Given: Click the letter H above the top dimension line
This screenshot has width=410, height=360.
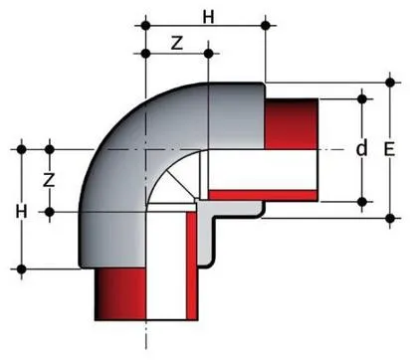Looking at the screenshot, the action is click(208, 17).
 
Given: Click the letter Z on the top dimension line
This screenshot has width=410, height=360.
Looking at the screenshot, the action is click(177, 43).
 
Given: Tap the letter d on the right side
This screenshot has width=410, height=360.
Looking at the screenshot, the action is click(361, 148).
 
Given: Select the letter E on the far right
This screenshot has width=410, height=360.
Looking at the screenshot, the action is click(389, 149).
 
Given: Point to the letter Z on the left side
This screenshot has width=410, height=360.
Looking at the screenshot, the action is click(49, 180).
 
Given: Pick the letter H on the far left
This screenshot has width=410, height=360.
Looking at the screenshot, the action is click(21, 212).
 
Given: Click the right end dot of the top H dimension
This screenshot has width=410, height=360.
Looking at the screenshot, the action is click(266, 25).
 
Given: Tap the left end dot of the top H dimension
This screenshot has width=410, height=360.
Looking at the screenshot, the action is click(145, 25).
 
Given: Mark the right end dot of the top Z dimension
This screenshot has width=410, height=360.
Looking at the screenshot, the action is click(208, 54).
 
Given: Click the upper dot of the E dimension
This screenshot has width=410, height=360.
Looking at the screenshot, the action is click(390, 83).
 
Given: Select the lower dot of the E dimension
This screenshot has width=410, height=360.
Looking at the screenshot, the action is click(390, 219).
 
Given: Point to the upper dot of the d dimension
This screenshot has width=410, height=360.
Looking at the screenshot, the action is click(362, 98).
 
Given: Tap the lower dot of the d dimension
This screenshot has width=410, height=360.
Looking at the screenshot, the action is click(362, 201).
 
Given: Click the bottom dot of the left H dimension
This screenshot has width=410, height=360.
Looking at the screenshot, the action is click(22, 270).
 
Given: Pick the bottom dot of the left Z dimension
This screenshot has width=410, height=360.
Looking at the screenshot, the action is click(50, 212).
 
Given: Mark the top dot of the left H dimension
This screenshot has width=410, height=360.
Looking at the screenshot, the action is click(22, 149).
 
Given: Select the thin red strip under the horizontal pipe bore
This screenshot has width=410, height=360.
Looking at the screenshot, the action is click(264, 195).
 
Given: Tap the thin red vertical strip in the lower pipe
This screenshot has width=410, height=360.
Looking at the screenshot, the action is click(192, 266).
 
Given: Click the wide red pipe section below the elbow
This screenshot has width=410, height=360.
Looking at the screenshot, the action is click(120, 293).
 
